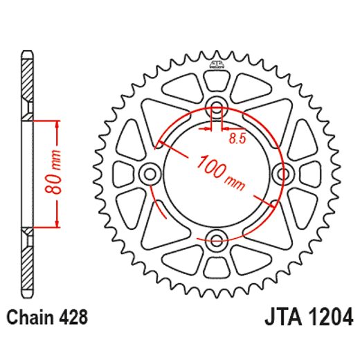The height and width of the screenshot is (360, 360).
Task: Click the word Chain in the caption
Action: (27, 318)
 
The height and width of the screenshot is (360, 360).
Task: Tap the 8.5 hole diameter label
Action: (237, 138)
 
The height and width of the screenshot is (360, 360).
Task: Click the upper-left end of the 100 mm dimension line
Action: (160, 144)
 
